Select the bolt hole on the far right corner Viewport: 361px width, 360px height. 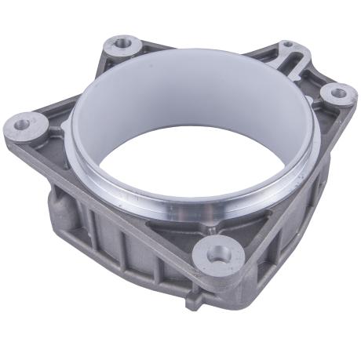[x=338, y=93]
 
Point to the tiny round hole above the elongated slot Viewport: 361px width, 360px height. [x=288, y=44]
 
